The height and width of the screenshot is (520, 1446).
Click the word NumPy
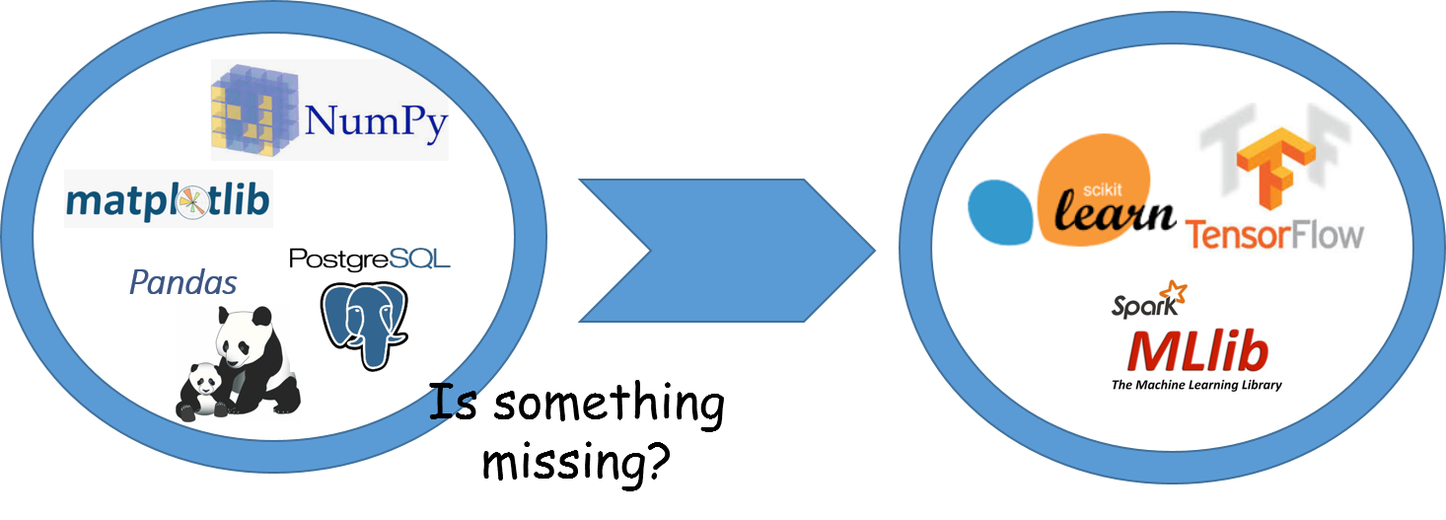tap(376, 124)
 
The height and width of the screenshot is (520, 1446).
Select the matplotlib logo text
tap(167, 201)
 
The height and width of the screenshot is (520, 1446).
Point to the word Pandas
tap(183, 284)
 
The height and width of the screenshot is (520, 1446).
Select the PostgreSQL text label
tap(369, 260)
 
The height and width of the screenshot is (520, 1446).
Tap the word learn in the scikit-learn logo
tap(1115, 209)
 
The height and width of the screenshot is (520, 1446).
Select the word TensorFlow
tap(1274, 235)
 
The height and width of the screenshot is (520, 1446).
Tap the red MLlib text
tap(1197, 350)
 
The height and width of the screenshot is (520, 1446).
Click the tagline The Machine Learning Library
tap(1196, 385)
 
